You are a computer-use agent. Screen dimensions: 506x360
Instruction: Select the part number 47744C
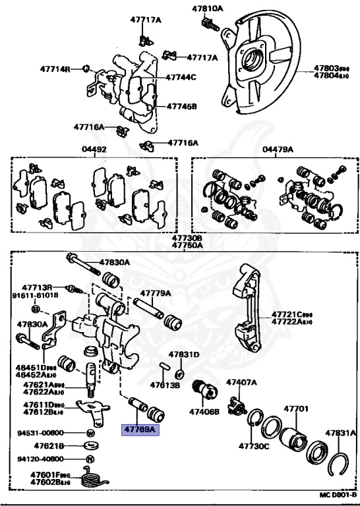(181, 77)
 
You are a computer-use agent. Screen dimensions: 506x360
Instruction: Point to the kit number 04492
(94, 150)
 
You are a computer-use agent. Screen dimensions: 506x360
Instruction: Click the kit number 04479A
(277, 150)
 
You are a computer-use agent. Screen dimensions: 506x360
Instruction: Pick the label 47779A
(155, 293)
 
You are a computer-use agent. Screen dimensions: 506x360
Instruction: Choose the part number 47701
(296, 408)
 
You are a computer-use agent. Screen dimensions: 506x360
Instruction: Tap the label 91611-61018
(35, 295)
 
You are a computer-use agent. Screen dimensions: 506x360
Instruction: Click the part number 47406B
(204, 412)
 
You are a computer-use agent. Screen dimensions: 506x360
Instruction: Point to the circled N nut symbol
(90, 459)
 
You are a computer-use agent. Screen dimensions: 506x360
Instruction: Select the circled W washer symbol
(90, 433)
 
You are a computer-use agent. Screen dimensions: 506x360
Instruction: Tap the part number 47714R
(56, 69)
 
